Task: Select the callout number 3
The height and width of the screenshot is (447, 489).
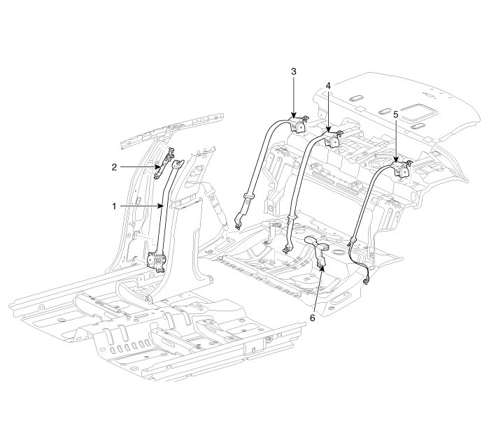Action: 294,72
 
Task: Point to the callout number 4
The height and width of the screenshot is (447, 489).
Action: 327,86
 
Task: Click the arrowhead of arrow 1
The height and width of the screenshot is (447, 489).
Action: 166,206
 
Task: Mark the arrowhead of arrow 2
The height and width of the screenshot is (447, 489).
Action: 162,166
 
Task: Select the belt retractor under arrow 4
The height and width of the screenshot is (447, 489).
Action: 333,140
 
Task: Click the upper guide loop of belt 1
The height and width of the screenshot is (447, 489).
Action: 176,165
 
